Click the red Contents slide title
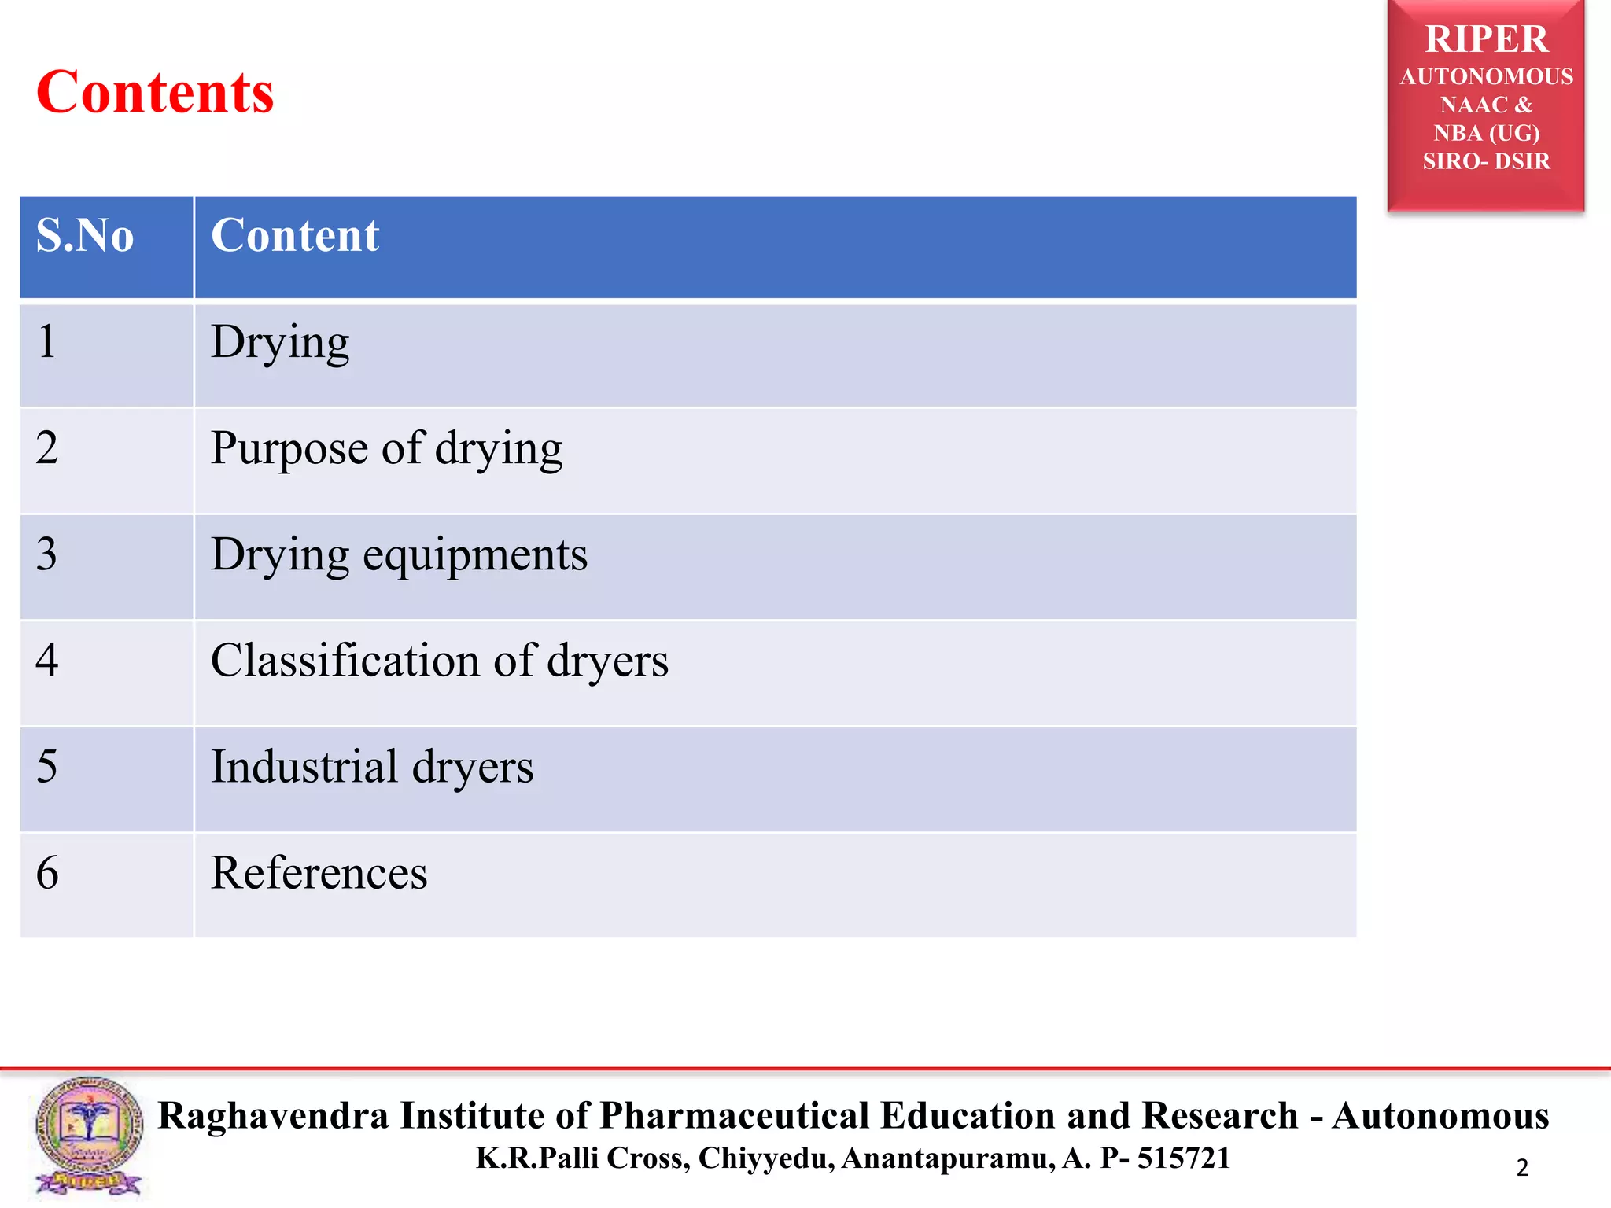[155, 93]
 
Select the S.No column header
[85, 235]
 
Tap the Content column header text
[295, 235]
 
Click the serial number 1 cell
[47, 342]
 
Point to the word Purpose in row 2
[289, 449]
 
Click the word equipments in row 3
[475, 555]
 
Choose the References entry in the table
[319, 873]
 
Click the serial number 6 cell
[47, 873]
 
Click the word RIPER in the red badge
[1486, 39]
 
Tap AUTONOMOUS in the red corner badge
[1486, 77]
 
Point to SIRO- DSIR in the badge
[1486, 161]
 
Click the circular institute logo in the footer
[88, 1132]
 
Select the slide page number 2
[1522, 1168]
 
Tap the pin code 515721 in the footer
[1183, 1158]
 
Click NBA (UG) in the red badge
[1486, 133]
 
